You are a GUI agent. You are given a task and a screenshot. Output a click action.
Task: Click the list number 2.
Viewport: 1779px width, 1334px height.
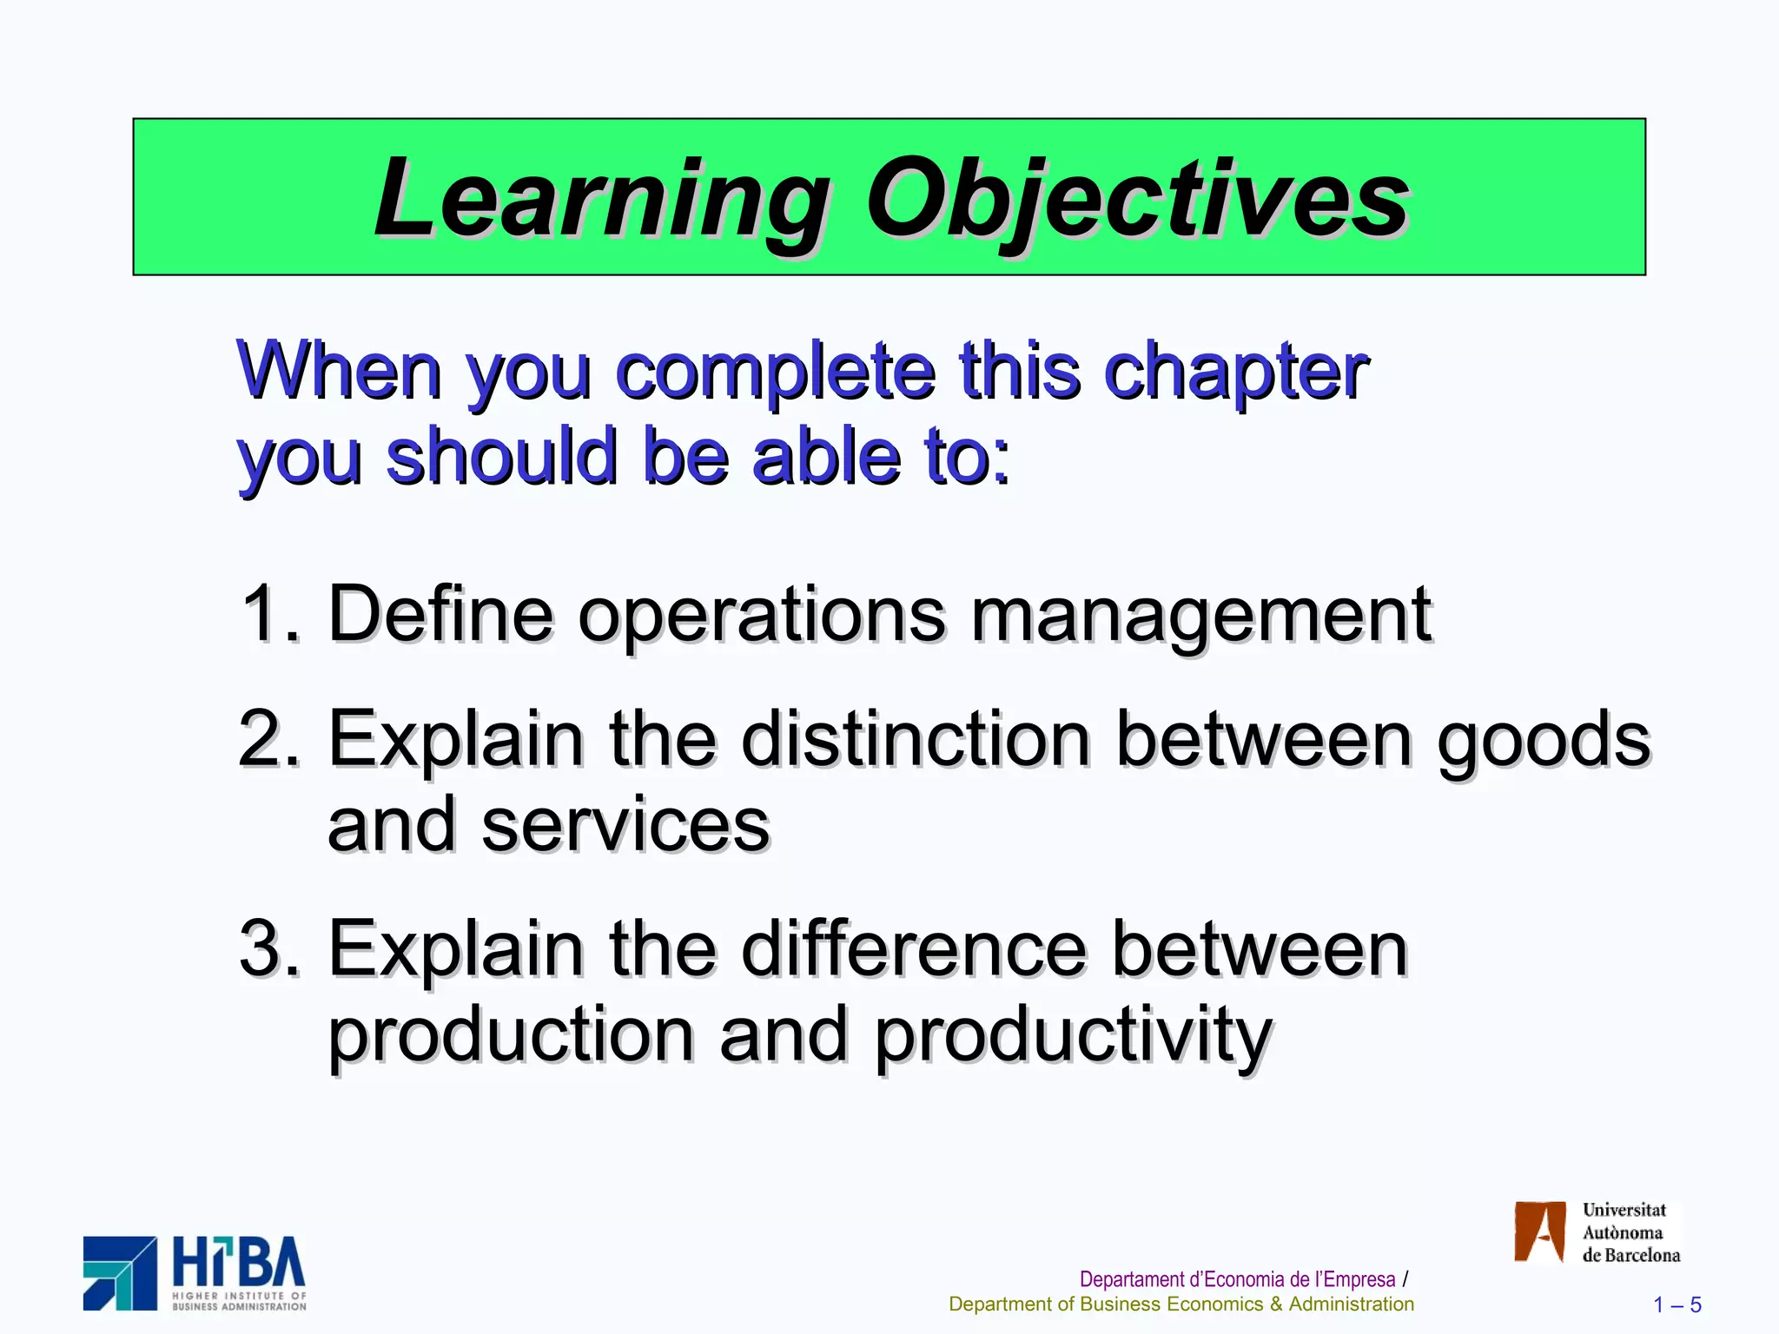(268, 738)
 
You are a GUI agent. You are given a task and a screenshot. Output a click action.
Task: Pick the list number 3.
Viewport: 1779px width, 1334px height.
(268, 948)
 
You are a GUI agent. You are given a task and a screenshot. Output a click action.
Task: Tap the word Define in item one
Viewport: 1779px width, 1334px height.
(440, 614)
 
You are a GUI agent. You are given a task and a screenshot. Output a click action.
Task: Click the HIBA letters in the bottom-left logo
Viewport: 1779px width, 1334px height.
(238, 1263)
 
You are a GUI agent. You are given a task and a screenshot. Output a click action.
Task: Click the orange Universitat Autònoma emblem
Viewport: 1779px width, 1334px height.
(1539, 1232)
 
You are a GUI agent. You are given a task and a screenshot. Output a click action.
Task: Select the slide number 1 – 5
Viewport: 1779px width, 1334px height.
(1676, 1304)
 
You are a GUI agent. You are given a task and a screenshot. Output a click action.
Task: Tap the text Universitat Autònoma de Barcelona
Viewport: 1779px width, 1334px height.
(1630, 1232)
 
